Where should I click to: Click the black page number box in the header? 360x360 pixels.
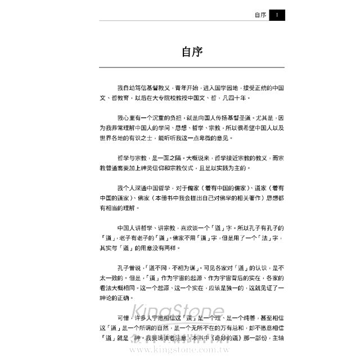pyautogui.click(x=277, y=16)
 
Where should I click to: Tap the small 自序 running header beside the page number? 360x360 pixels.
pyautogui.click(x=260, y=16)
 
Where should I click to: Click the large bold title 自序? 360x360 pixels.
pyautogui.click(x=192, y=52)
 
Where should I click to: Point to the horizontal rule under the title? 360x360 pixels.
pyautogui.click(x=192, y=67)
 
